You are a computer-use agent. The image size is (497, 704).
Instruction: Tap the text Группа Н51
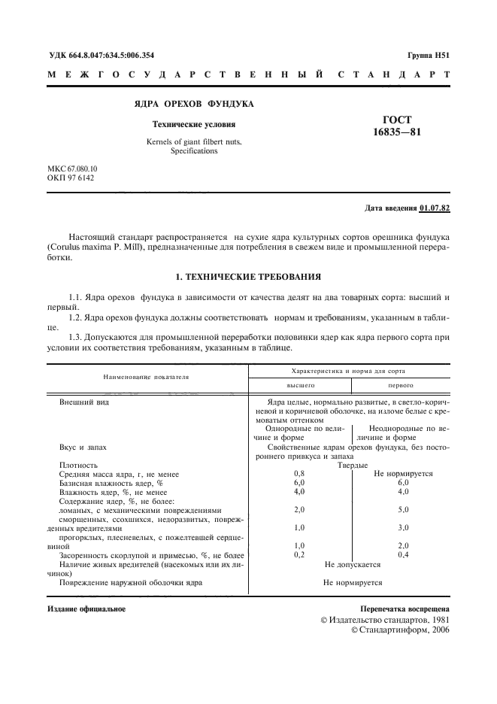tap(428, 56)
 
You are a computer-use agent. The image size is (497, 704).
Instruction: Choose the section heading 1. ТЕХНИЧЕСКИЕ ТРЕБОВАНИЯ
tap(248, 276)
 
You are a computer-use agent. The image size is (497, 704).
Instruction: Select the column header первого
tap(400, 384)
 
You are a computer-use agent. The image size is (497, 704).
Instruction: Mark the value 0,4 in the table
tap(402, 554)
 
